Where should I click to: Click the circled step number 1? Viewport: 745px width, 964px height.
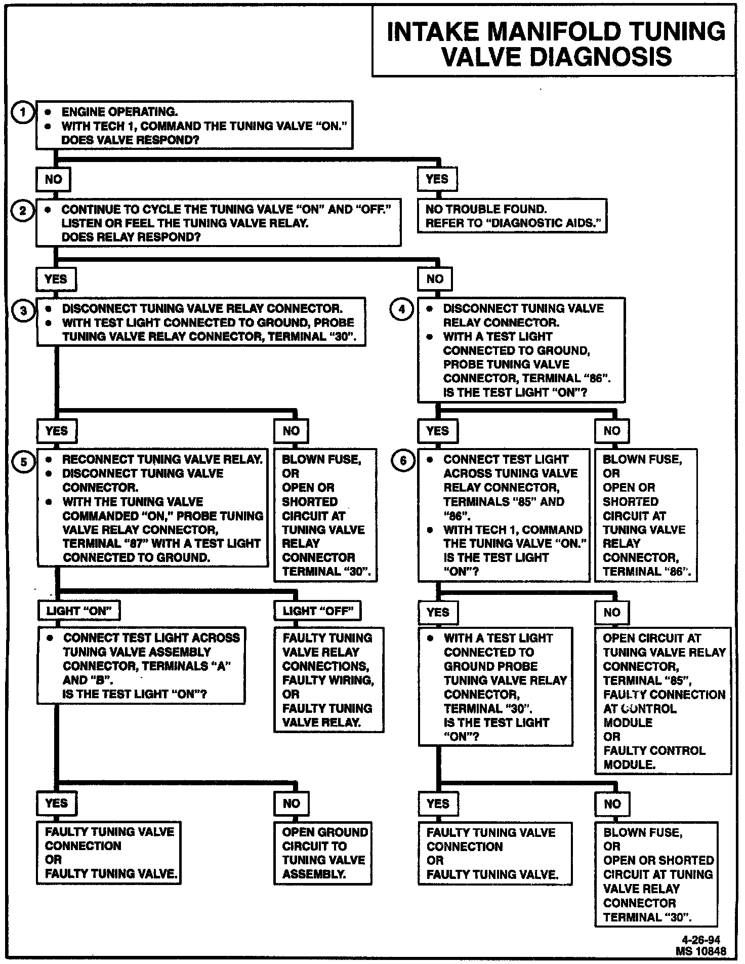[x=23, y=112]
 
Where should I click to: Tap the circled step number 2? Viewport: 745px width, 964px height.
[x=23, y=210]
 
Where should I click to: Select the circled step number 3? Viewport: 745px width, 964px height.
[x=23, y=310]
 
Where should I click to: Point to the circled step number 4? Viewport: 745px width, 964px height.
[x=402, y=309]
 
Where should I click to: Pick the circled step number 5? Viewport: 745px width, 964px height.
[x=24, y=461]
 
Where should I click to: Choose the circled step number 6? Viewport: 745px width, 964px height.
[x=403, y=461]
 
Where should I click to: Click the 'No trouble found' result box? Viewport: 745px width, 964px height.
[x=512, y=216]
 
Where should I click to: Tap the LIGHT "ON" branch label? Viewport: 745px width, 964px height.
[x=78, y=611]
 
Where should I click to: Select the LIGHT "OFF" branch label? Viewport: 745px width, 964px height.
[x=317, y=611]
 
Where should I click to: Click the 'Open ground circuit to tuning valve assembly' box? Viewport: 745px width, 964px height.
[x=323, y=853]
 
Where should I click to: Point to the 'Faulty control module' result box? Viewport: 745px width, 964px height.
[x=663, y=701]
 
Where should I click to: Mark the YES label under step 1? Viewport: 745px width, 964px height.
[x=437, y=179]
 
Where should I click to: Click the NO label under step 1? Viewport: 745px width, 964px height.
[x=53, y=179]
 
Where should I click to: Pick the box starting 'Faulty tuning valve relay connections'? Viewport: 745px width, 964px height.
[x=328, y=680]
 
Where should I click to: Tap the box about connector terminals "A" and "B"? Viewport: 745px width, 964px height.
[x=141, y=666]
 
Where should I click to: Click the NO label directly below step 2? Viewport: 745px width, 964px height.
[x=435, y=279]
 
